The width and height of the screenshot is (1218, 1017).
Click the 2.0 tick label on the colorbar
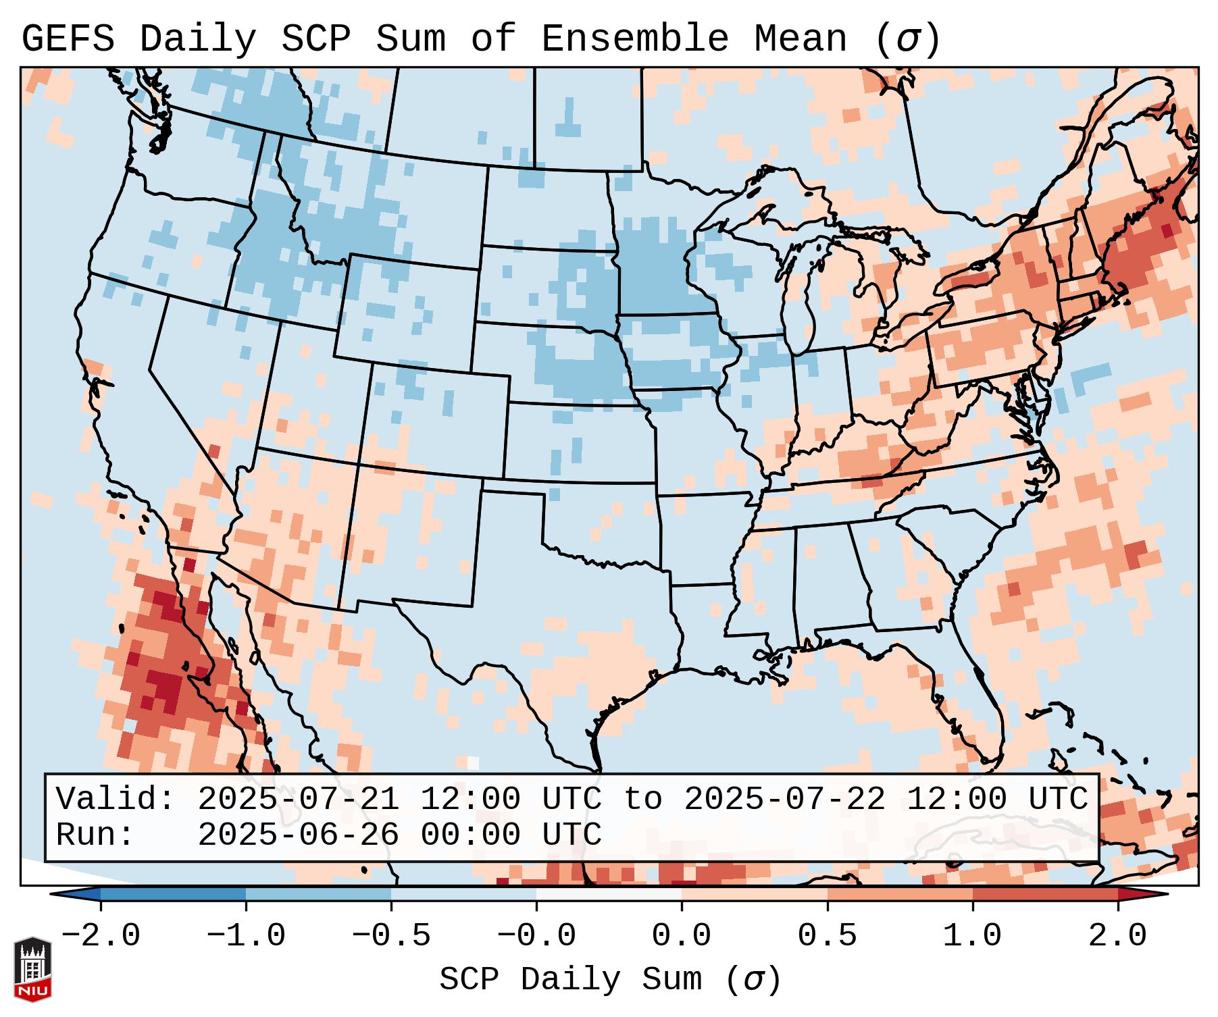[x=1117, y=936]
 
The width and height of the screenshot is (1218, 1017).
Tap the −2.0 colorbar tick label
[x=101, y=936]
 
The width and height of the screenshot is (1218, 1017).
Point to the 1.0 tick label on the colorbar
[x=972, y=936]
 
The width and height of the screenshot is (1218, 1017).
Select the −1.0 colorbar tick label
[x=246, y=936]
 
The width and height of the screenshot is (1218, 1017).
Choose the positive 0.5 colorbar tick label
[x=827, y=936]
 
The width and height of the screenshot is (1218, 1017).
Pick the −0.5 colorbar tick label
[x=391, y=936]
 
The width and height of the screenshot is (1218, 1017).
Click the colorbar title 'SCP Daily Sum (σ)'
[x=609, y=979]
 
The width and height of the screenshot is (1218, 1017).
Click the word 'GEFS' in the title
[x=68, y=38]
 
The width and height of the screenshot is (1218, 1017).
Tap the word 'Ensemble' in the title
[x=634, y=38]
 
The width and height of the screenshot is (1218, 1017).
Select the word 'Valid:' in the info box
[x=116, y=799]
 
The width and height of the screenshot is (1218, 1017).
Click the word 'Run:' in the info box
[x=95, y=835]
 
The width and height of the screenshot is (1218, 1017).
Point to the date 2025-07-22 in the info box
[x=784, y=799]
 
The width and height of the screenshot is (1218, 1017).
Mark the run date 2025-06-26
[x=298, y=835]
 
